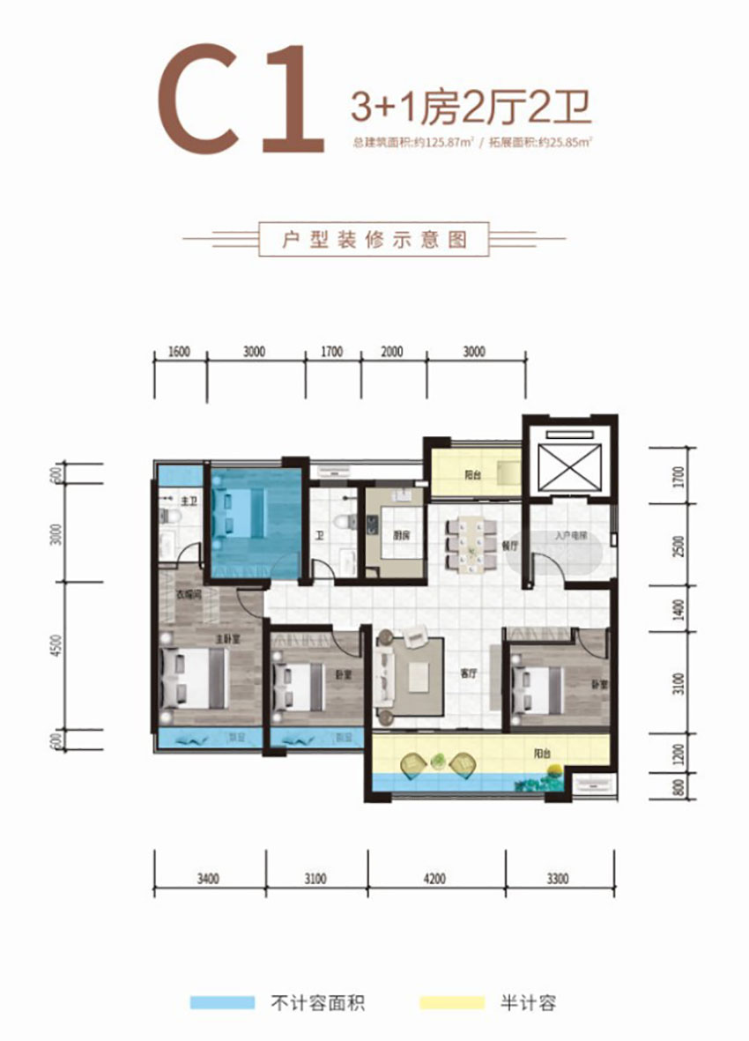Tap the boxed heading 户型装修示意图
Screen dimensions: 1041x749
(374, 239)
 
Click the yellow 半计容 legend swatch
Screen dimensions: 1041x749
(452, 1002)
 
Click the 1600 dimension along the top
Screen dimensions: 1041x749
(178, 353)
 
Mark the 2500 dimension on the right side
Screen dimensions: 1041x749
(677, 544)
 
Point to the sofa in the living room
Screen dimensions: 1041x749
(384, 674)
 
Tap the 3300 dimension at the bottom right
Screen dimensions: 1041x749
(557, 878)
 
